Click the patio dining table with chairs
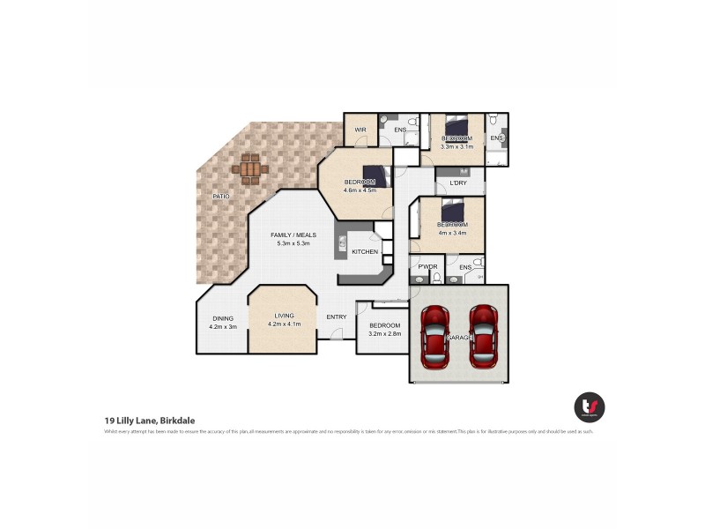click(251, 168)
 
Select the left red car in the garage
click(435, 337)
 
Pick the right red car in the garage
click(484, 337)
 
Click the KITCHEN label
click(365, 252)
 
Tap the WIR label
click(360, 130)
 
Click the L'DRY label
click(458, 183)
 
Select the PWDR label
click(427, 266)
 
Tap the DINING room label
click(222, 319)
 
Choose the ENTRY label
click(337, 317)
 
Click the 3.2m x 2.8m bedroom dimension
click(384, 333)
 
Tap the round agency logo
click(589, 406)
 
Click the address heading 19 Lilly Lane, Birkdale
click(153, 421)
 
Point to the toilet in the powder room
click(435, 279)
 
